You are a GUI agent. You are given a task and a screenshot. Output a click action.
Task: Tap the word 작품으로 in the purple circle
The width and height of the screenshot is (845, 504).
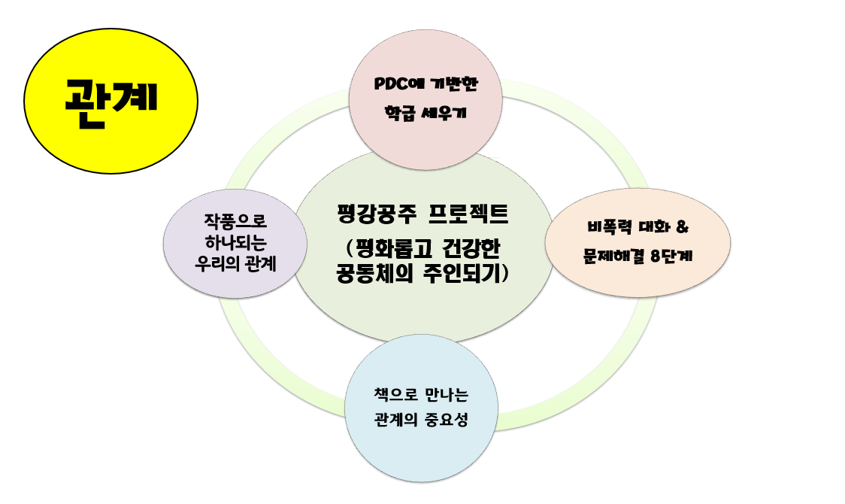pyautogui.click(x=235, y=220)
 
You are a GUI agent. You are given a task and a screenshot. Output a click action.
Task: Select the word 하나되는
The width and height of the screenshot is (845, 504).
pyautogui.click(x=235, y=242)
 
